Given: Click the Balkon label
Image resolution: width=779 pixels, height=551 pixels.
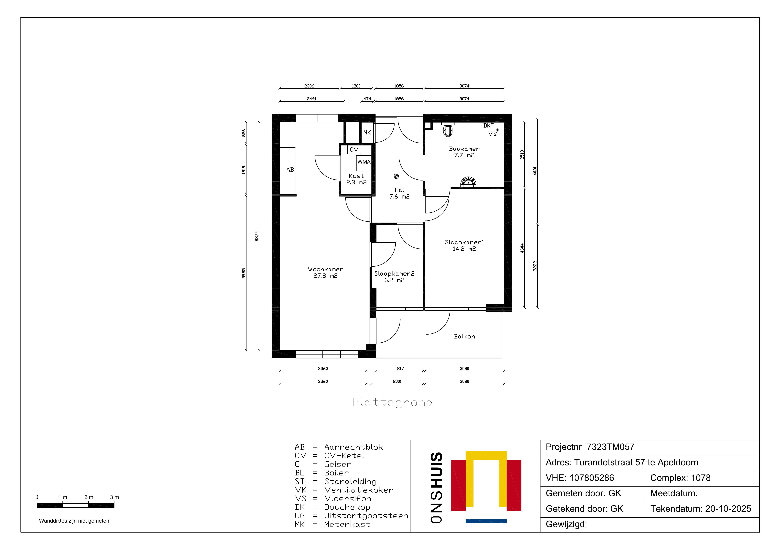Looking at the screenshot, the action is click(x=465, y=336).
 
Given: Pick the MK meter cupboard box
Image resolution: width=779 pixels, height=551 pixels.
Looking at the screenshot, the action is click(x=367, y=132).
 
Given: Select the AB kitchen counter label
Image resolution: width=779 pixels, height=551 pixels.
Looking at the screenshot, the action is click(x=290, y=170).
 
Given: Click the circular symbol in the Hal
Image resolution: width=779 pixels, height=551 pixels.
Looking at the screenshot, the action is click(x=396, y=176).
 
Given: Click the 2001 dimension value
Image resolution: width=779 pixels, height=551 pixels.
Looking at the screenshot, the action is click(x=397, y=382).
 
